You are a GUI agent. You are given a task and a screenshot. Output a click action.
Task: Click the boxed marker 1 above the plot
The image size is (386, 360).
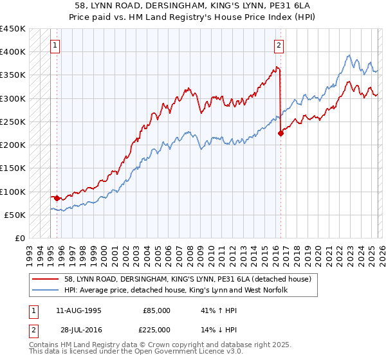tap(56, 46)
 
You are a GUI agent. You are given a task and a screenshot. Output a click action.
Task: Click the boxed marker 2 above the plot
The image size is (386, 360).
tap(279, 46)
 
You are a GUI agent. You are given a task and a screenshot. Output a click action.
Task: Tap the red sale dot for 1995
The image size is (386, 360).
tap(57, 199)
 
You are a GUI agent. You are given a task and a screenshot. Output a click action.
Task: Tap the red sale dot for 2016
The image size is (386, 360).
tap(280, 133)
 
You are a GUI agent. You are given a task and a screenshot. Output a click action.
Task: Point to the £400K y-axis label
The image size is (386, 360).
tap(13, 52)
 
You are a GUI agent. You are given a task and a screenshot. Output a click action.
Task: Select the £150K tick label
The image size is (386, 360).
tap(13, 168)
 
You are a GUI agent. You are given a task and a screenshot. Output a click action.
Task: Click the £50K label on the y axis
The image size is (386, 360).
tap(15, 215)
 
